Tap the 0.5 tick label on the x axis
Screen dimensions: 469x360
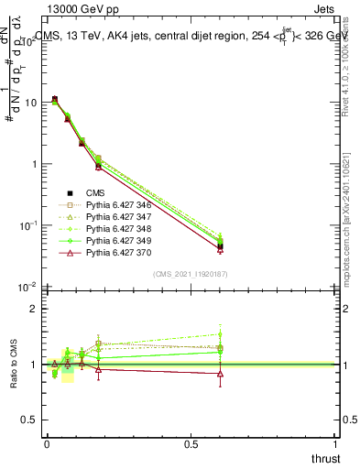pyautogui.click(x=191, y=444)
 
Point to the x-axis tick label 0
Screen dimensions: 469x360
pyautogui.click(x=46, y=444)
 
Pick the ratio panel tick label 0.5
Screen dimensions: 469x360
pyautogui.click(x=29, y=420)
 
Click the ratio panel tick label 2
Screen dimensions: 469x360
pyautogui.click(x=34, y=309)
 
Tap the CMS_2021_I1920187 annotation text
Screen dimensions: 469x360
pyautogui.click(x=191, y=274)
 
